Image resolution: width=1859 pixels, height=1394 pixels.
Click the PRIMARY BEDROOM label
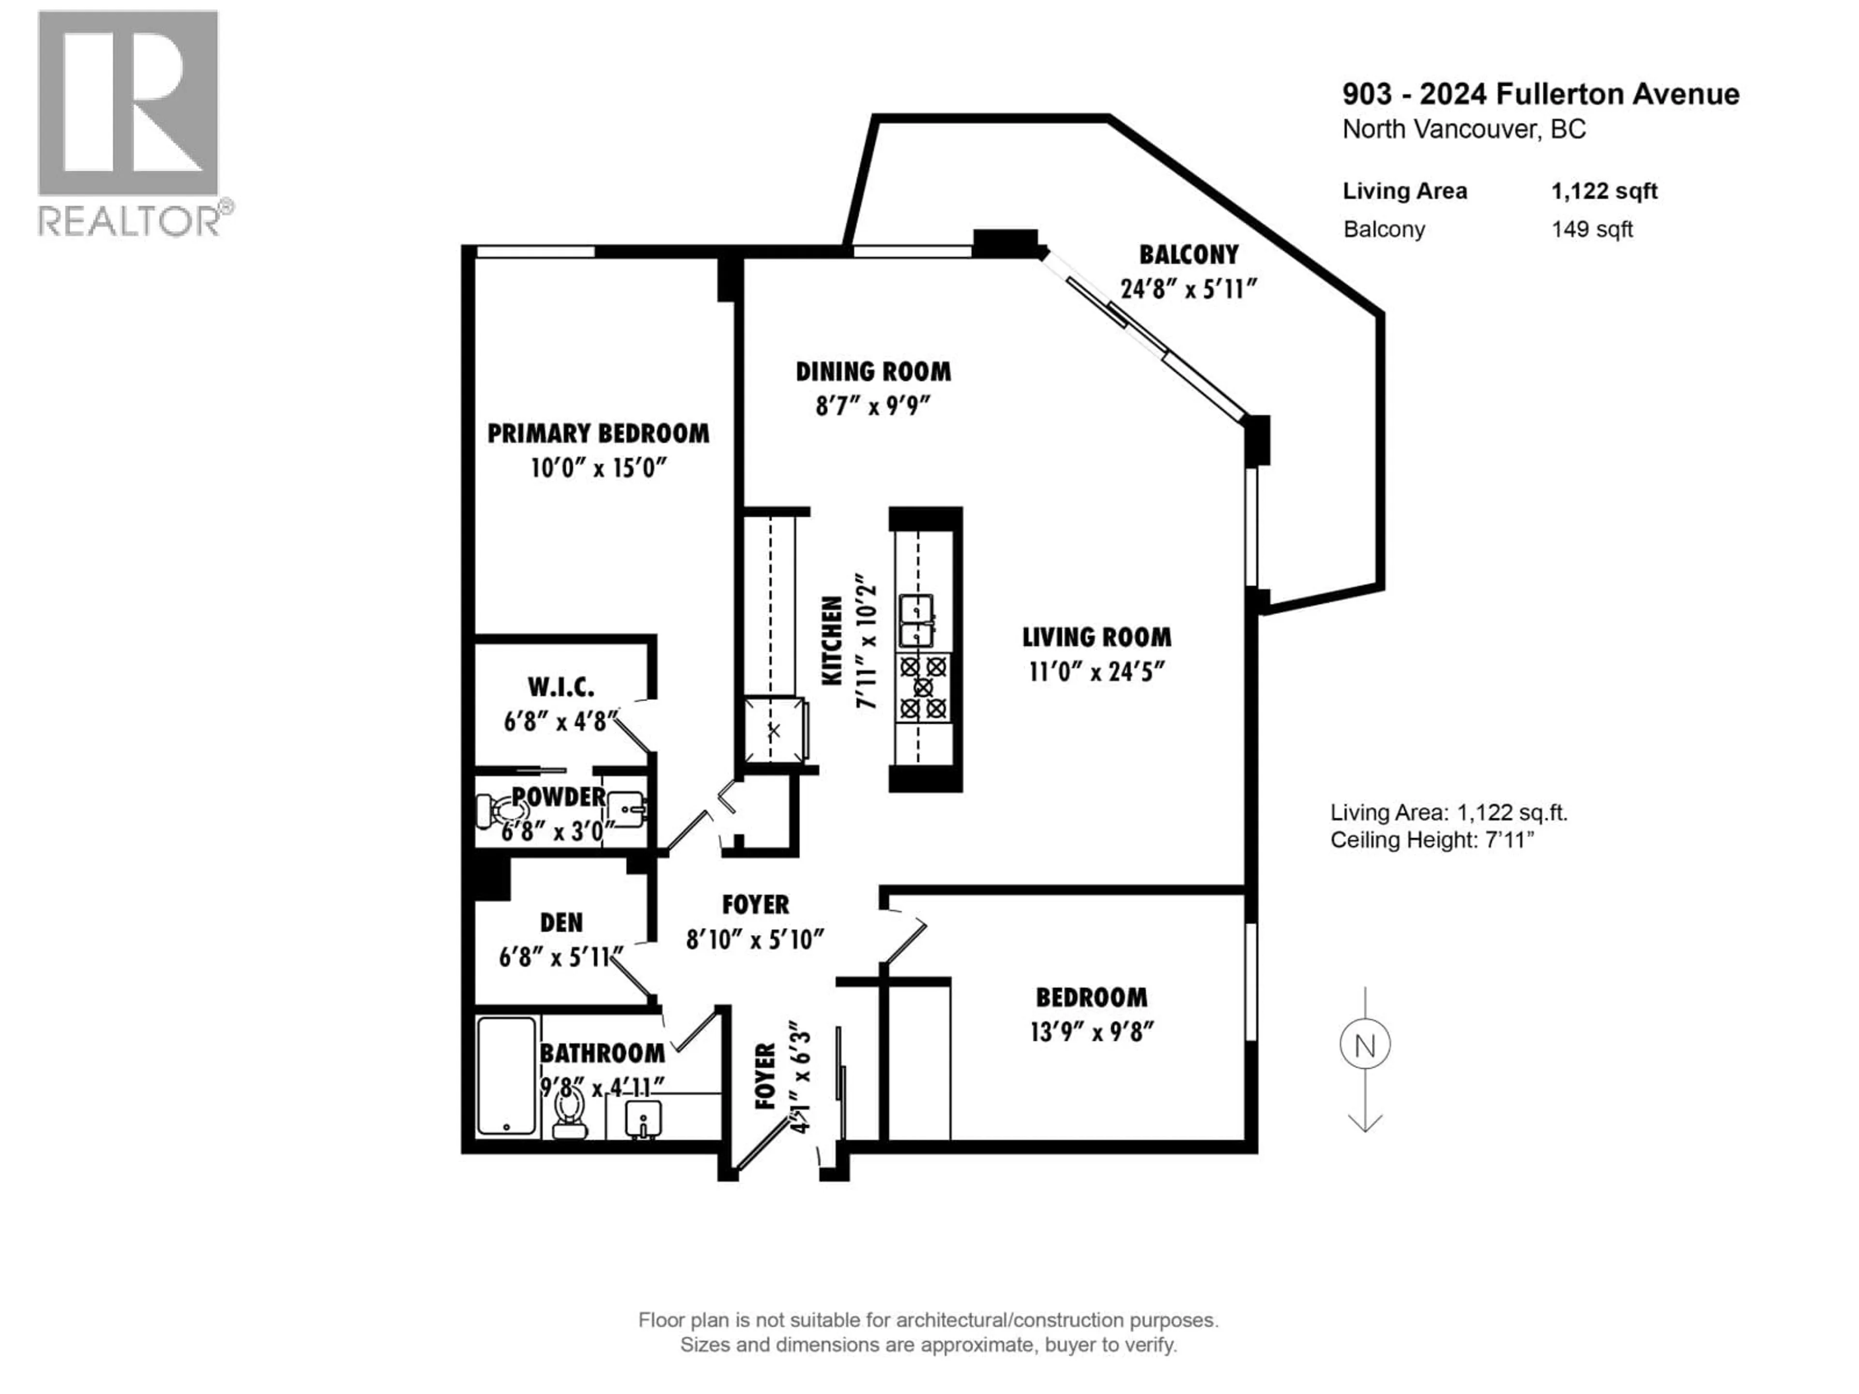click(597, 434)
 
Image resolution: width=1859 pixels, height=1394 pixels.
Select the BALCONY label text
click(1189, 255)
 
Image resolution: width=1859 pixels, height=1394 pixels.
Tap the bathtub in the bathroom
click(506, 1076)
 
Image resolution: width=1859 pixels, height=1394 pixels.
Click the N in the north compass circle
click(1365, 1046)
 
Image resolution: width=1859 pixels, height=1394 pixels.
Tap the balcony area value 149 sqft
click(1592, 229)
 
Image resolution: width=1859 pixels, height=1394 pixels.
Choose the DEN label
click(561, 923)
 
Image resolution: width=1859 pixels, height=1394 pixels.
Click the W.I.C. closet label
click(561, 687)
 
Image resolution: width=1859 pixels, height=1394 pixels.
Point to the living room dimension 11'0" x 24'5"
click(1097, 672)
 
